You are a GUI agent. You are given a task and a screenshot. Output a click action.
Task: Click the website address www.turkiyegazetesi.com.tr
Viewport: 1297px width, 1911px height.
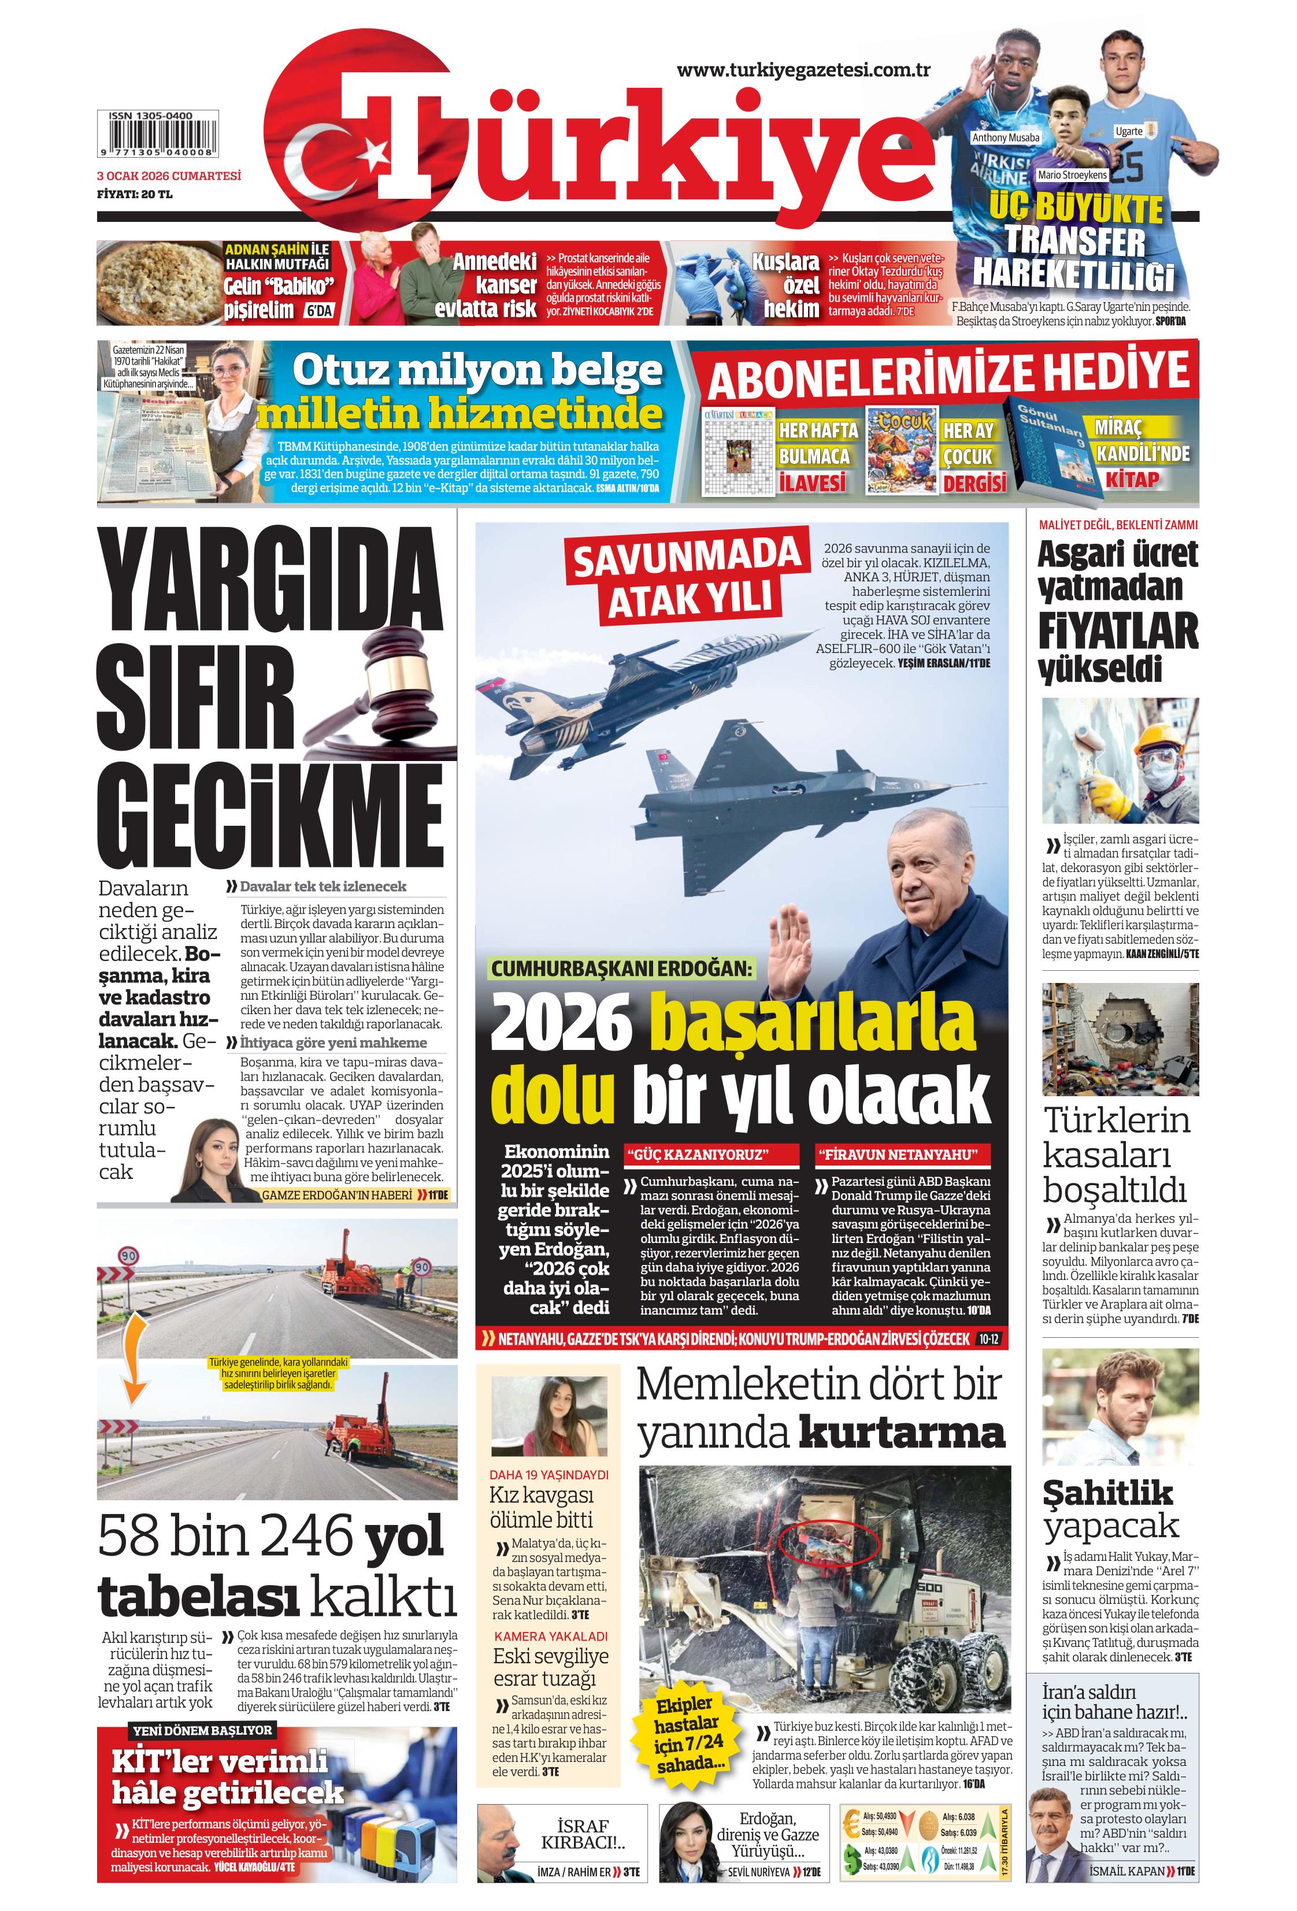pos(803,70)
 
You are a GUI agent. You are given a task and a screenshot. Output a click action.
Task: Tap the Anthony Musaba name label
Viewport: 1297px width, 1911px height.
pos(1005,138)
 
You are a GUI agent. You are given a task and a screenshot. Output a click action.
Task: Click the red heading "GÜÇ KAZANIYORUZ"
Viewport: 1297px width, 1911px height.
pos(712,1153)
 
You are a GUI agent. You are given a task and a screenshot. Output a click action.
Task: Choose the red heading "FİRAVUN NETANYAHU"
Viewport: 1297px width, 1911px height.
pos(902,1153)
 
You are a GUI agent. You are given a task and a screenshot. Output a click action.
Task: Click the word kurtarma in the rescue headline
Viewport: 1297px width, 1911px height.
pos(902,1433)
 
